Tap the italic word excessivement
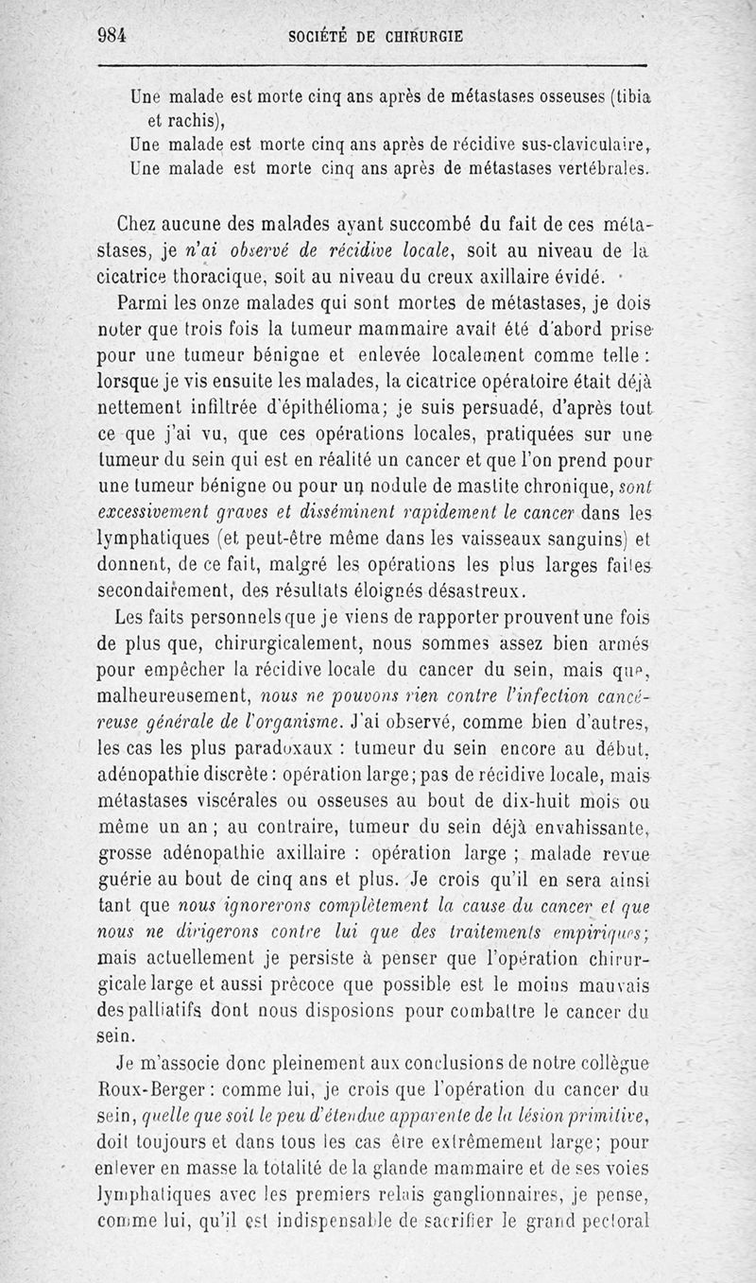(160, 514)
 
